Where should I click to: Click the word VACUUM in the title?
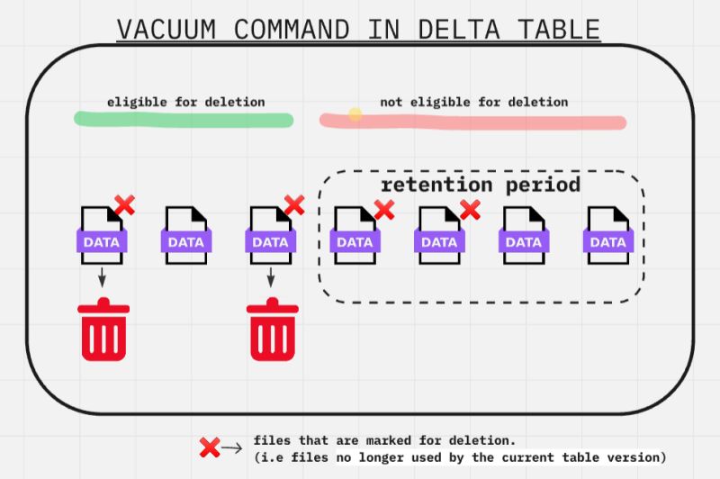(x=166, y=30)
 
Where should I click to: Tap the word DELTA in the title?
(x=458, y=30)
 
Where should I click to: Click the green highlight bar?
(x=184, y=120)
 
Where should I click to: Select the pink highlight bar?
(x=473, y=122)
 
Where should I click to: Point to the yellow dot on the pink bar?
(x=355, y=114)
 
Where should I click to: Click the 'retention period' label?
(x=481, y=185)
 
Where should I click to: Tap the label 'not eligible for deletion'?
(x=474, y=102)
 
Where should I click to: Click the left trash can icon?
(x=103, y=330)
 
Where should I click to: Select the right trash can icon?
(x=273, y=330)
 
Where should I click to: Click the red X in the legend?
(x=210, y=447)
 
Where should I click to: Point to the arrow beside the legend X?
(x=232, y=447)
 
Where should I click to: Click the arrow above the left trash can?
(x=102, y=277)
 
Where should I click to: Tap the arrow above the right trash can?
(x=271, y=277)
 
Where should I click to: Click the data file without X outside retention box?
(x=186, y=236)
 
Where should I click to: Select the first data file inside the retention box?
(x=355, y=236)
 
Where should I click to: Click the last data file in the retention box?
(x=608, y=236)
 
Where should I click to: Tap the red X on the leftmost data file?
(x=124, y=204)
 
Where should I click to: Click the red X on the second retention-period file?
(x=470, y=210)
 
